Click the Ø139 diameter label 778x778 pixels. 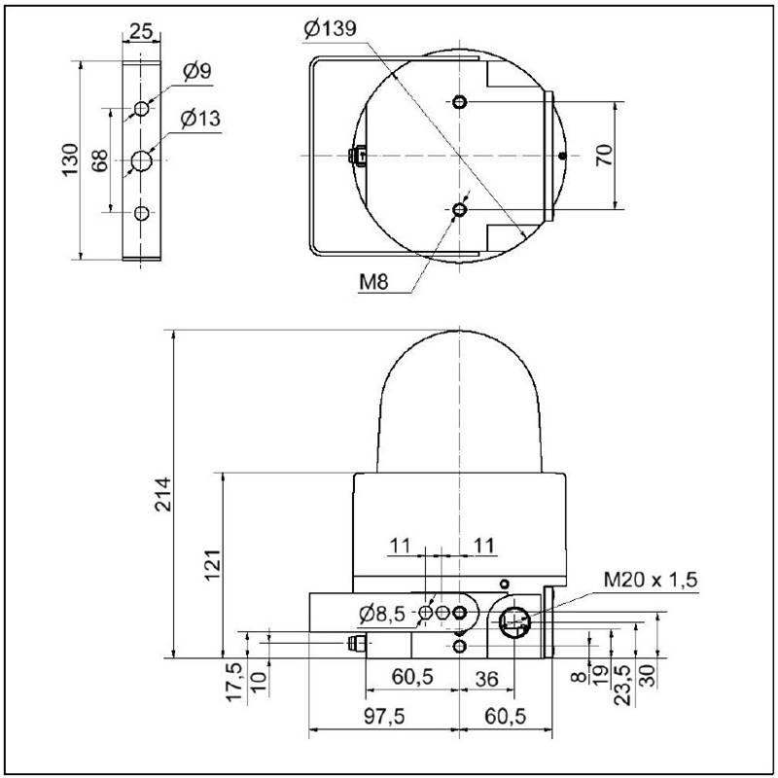pos(330,29)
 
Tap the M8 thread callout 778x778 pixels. pos(373,282)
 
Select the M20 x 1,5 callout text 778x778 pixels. pos(651,579)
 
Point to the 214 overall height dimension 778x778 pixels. pos(162,494)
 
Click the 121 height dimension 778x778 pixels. pos(212,565)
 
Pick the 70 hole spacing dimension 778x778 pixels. pos(604,156)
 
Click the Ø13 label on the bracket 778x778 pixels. pos(200,119)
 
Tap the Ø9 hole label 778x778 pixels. pos(197,71)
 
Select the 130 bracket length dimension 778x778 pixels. pos(70,159)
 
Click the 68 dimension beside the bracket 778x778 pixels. pos(100,160)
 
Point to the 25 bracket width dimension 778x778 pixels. pos(141,31)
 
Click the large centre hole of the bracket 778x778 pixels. pos(141,160)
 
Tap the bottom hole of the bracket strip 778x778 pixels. pos(141,213)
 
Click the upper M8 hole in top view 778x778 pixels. pos(460,102)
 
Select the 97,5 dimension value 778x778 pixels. pos(384,716)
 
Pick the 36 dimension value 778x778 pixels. pos(486,679)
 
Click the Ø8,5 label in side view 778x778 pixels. pos(382,615)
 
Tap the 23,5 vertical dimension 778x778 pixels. pos(622,685)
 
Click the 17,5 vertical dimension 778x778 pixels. pos(234,683)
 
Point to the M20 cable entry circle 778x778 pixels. pos(514,620)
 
